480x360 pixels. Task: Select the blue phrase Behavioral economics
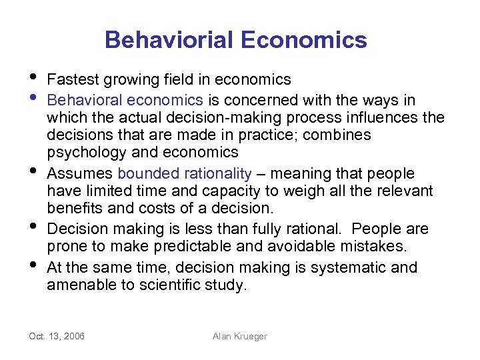(x=125, y=100)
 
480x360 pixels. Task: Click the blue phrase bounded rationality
(x=185, y=174)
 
